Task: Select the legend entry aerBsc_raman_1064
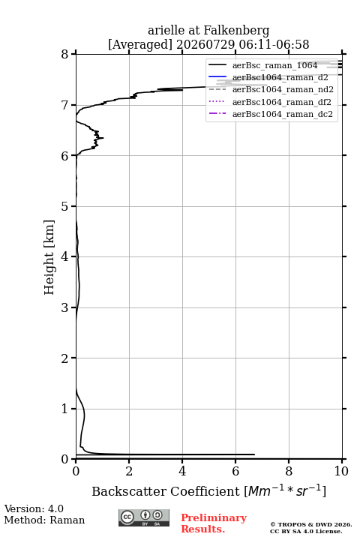(x=274, y=65)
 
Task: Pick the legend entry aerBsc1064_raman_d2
(x=280, y=77)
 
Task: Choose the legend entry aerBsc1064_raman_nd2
(x=283, y=89)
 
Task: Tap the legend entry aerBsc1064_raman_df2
(x=281, y=102)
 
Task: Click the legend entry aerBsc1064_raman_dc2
(x=283, y=114)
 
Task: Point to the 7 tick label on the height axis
(x=64, y=105)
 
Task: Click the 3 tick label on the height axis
(x=64, y=307)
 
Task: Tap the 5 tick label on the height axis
(x=64, y=206)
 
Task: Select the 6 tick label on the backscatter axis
(x=235, y=471)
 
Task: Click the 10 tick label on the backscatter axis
(x=341, y=471)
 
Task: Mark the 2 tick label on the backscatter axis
(x=129, y=471)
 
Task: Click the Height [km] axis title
(x=49, y=257)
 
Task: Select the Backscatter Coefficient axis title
(x=208, y=490)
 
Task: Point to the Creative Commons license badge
(x=144, y=517)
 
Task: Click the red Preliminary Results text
(x=214, y=523)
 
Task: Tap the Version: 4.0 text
(x=34, y=508)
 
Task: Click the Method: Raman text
(x=44, y=520)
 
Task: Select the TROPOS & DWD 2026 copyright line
(x=311, y=524)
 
